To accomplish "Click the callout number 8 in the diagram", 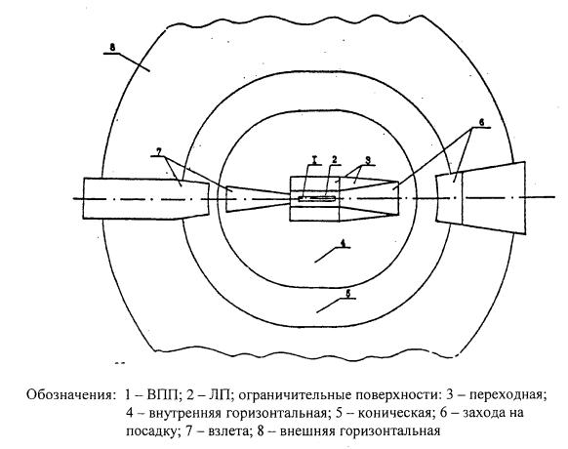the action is (x=112, y=48).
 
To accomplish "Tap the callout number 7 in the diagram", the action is (x=158, y=150).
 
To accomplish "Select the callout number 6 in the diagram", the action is (x=481, y=122).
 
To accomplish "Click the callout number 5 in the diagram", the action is (x=348, y=294).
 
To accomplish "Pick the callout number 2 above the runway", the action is (x=335, y=160).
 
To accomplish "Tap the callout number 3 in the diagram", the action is (x=368, y=161).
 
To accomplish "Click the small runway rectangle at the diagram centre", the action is (x=316, y=198).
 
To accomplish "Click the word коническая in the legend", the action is (x=395, y=413).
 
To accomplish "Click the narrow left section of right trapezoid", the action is (x=449, y=198).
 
